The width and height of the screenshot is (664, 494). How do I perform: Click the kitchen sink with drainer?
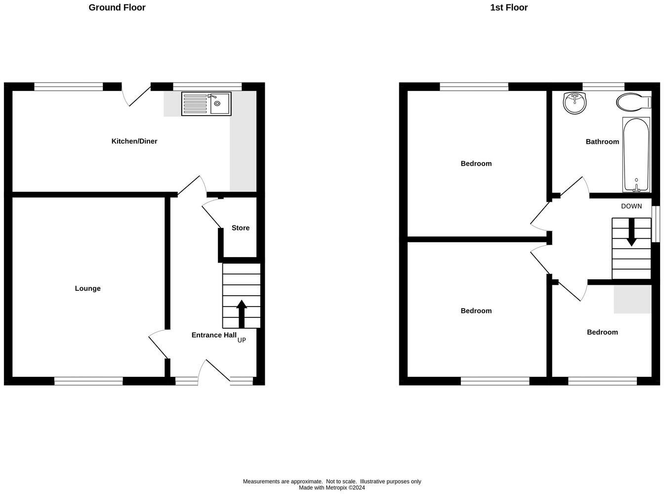tap(206, 104)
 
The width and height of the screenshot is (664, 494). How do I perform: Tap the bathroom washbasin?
tap(575, 103)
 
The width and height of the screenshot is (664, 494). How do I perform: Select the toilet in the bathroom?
tap(633, 102)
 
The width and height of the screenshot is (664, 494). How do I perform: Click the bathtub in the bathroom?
tap(636, 154)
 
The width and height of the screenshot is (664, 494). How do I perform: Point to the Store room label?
tap(241, 228)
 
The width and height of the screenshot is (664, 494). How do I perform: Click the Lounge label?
tap(88, 288)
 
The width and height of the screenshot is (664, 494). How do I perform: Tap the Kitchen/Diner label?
tap(134, 141)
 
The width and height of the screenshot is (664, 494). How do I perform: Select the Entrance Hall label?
tap(214, 335)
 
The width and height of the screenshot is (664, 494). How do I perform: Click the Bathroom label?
tap(602, 142)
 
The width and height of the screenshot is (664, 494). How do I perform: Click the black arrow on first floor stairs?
tap(631, 232)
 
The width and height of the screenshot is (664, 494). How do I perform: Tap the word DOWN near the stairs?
tap(631, 206)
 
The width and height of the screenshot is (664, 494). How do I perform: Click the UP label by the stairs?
tap(242, 340)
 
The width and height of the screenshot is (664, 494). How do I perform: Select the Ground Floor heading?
tap(117, 7)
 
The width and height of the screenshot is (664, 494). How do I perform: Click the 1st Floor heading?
tap(509, 7)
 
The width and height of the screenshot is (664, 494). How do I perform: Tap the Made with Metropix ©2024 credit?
tap(332, 488)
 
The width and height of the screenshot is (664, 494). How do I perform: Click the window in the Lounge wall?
tap(88, 381)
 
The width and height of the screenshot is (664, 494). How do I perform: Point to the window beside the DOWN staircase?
tap(656, 224)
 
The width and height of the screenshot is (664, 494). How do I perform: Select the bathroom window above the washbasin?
tap(603, 87)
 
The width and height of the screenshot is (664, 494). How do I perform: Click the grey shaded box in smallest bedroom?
tap(632, 299)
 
